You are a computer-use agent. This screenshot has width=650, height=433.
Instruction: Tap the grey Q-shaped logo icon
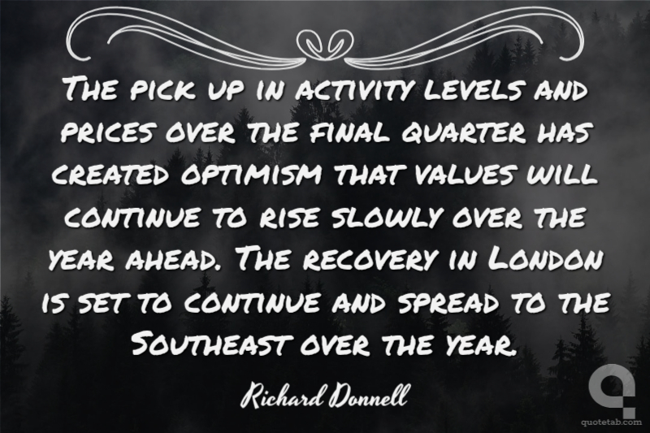coord(613,388)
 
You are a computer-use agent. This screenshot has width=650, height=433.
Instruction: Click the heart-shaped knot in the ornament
coord(326,42)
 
